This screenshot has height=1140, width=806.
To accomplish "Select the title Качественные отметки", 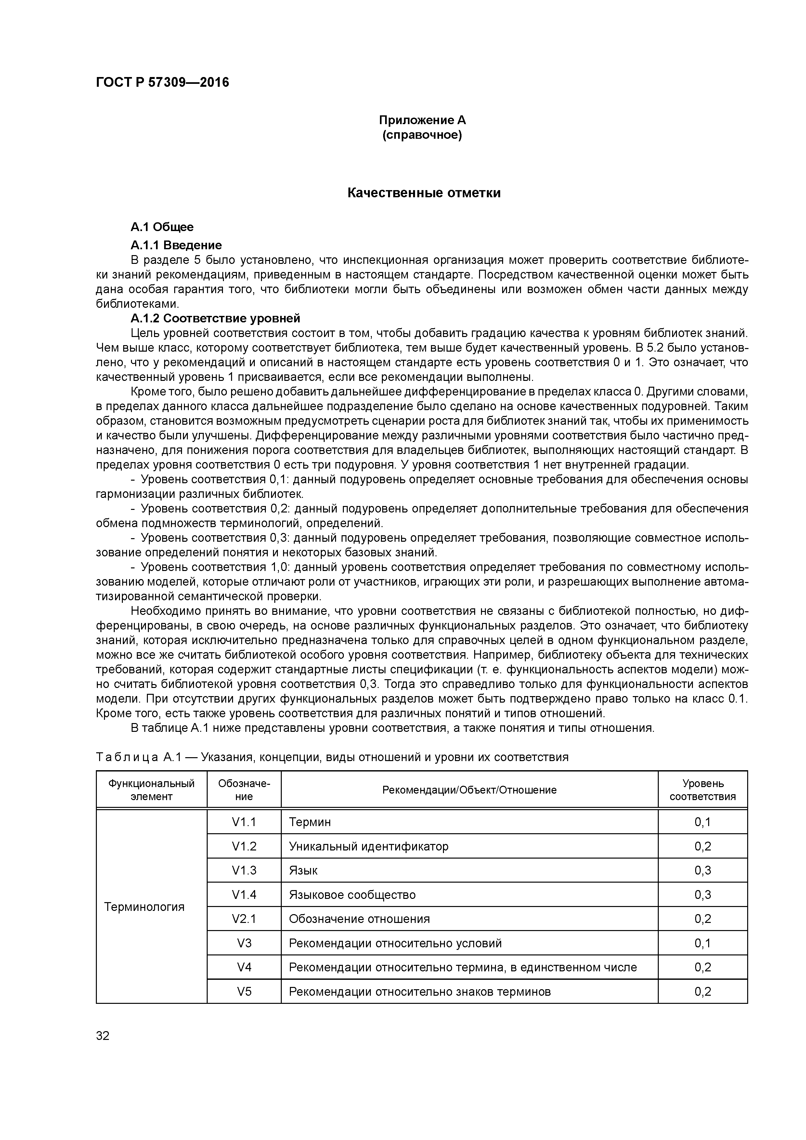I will pyautogui.click(x=423, y=193).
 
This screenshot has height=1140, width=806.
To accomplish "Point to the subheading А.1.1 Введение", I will pyautogui.click(x=176, y=245).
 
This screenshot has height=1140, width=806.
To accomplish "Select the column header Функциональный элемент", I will pyautogui.click(x=151, y=789).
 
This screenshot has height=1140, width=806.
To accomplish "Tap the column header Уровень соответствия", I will pyautogui.click(x=702, y=789).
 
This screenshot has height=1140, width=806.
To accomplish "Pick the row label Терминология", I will pyautogui.click(x=145, y=907).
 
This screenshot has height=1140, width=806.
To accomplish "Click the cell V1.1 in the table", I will pyautogui.click(x=243, y=822).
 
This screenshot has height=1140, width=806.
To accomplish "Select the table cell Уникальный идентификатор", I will pyautogui.click(x=369, y=846).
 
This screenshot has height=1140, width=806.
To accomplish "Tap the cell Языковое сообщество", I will pyautogui.click(x=352, y=895).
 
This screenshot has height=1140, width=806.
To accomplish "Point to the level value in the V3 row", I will pyautogui.click(x=702, y=943).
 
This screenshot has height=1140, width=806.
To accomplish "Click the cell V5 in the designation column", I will pyautogui.click(x=243, y=991).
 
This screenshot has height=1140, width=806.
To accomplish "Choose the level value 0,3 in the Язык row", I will pyautogui.click(x=702, y=870).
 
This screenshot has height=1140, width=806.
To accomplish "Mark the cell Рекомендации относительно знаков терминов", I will pyautogui.click(x=420, y=991).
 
